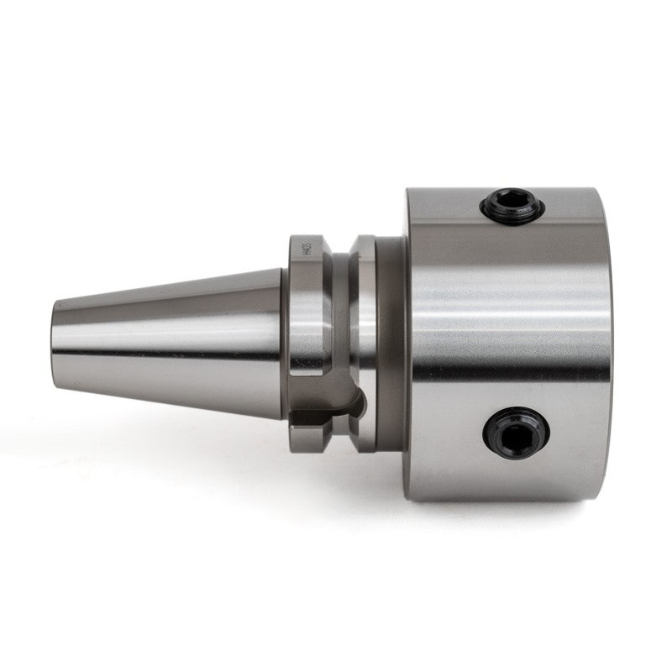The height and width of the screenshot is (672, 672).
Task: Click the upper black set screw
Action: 512,206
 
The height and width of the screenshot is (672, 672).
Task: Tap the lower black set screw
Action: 516,432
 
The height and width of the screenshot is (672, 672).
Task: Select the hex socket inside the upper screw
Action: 512,204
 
